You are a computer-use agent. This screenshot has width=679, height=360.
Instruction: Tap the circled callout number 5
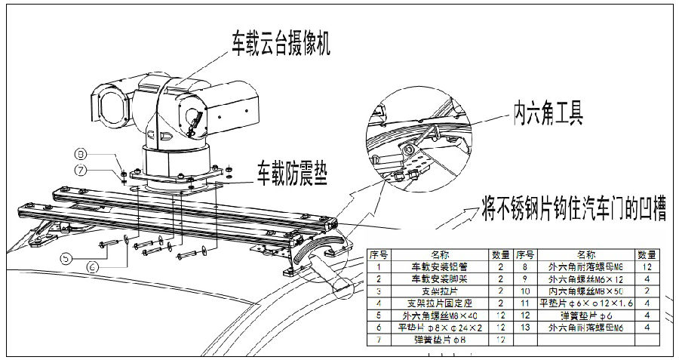[x=66, y=257]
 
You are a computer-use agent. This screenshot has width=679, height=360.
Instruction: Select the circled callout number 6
[x=93, y=266]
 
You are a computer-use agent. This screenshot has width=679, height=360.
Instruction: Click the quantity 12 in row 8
[x=646, y=267]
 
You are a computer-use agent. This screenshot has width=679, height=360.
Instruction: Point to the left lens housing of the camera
[x=109, y=106]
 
